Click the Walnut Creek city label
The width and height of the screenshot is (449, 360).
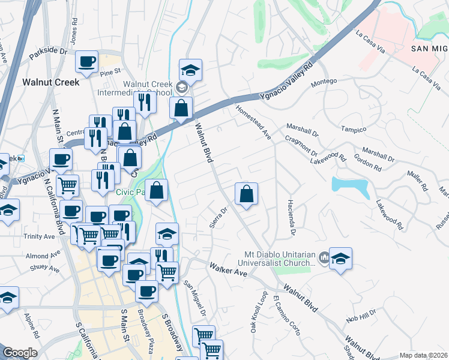(50, 82)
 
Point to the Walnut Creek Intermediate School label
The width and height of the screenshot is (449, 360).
(148, 89)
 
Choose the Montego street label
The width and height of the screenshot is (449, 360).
(324, 81)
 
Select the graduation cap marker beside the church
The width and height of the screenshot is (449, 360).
(340, 259)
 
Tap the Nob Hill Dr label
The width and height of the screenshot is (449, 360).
(361, 316)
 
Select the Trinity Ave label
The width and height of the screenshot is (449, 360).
(40, 236)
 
